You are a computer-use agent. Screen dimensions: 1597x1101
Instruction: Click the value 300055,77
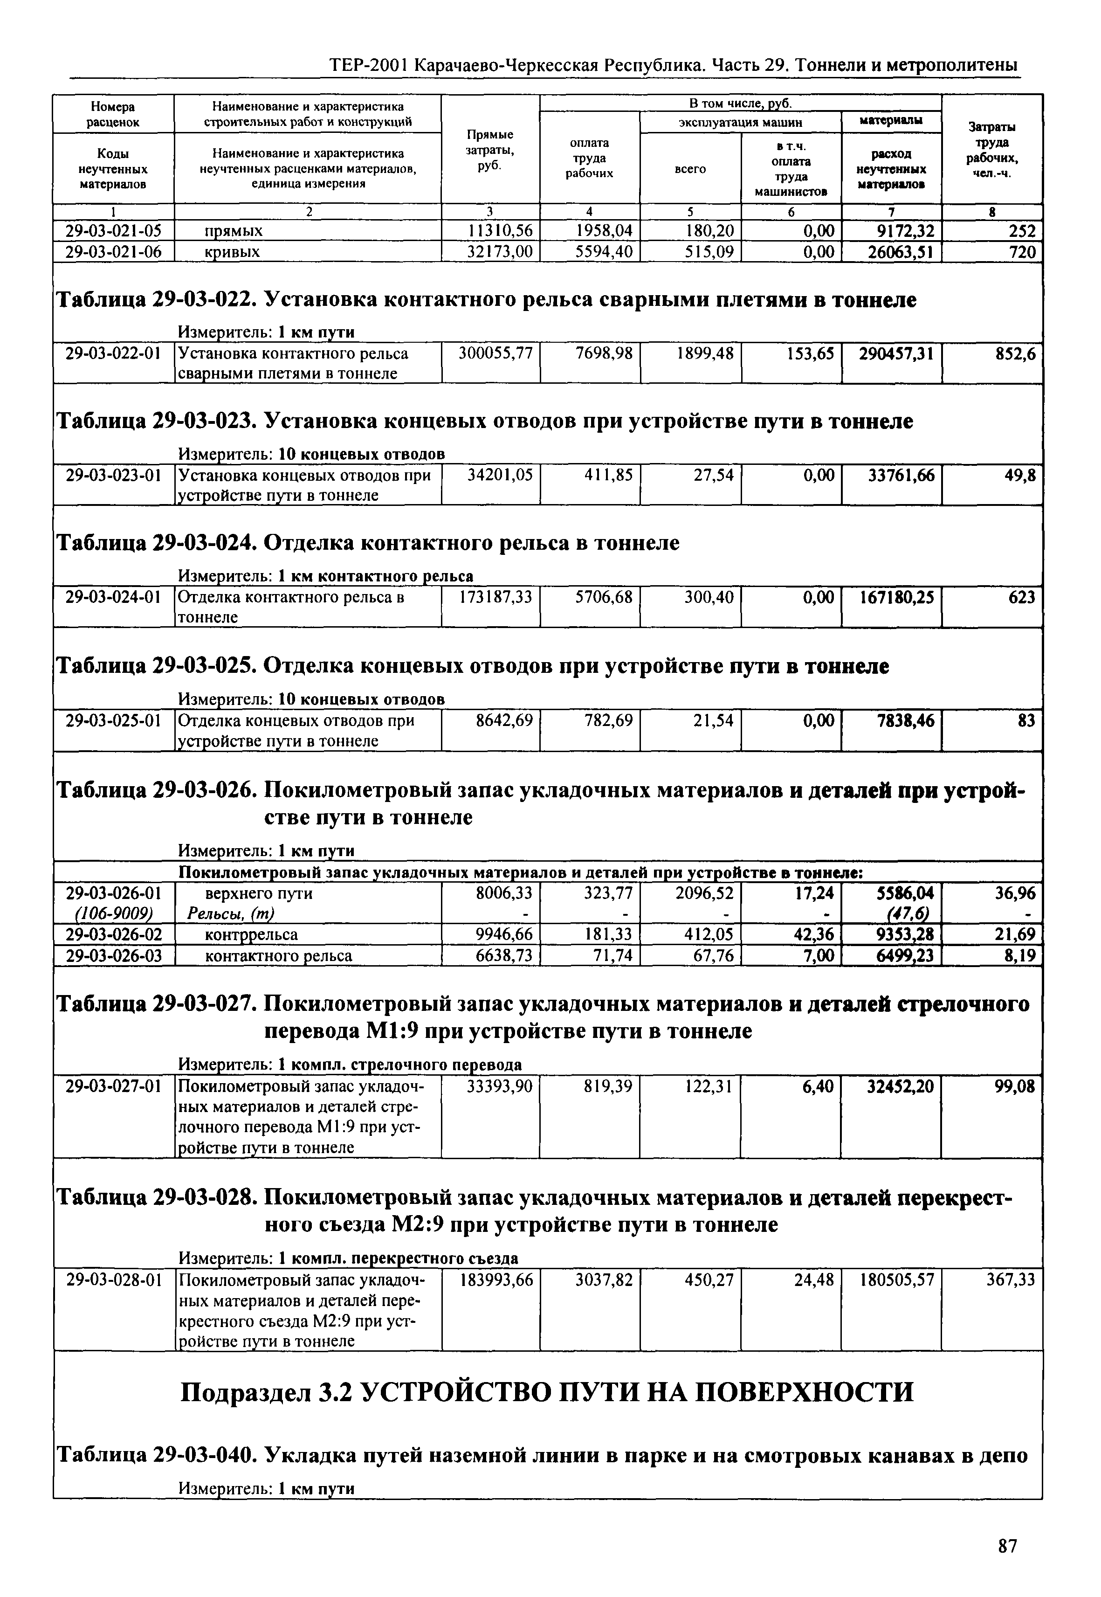coord(495,354)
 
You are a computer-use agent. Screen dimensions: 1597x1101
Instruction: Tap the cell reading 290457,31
coord(896,354)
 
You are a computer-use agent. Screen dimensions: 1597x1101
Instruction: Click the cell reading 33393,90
coord(499,1087)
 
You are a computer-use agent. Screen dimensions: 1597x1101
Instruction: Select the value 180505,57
coord(896,1280)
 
